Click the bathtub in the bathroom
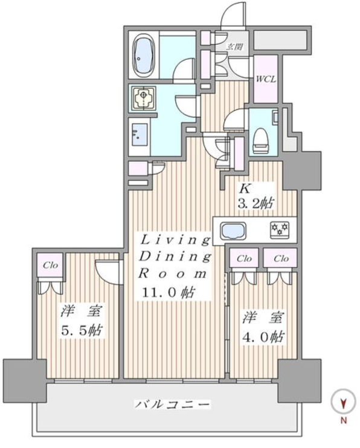(x=144, y=56)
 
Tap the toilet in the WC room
(x=261, y=140)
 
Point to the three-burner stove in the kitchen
(x=280, y=230)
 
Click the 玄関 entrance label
(x=234, y=47)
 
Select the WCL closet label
(x=266, y=79)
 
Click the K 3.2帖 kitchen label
(x=256, y=196)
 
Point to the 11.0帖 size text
(x=169, y=293)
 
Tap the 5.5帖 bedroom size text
(x=82, y=331)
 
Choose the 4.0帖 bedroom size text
(x=263, y=337)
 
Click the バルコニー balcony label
(x=173, y=404)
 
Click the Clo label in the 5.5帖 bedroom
(x=51, y=265)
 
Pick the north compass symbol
(x=344, y=401)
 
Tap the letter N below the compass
(x=344, y=421)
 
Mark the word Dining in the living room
(x=175, y=257)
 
